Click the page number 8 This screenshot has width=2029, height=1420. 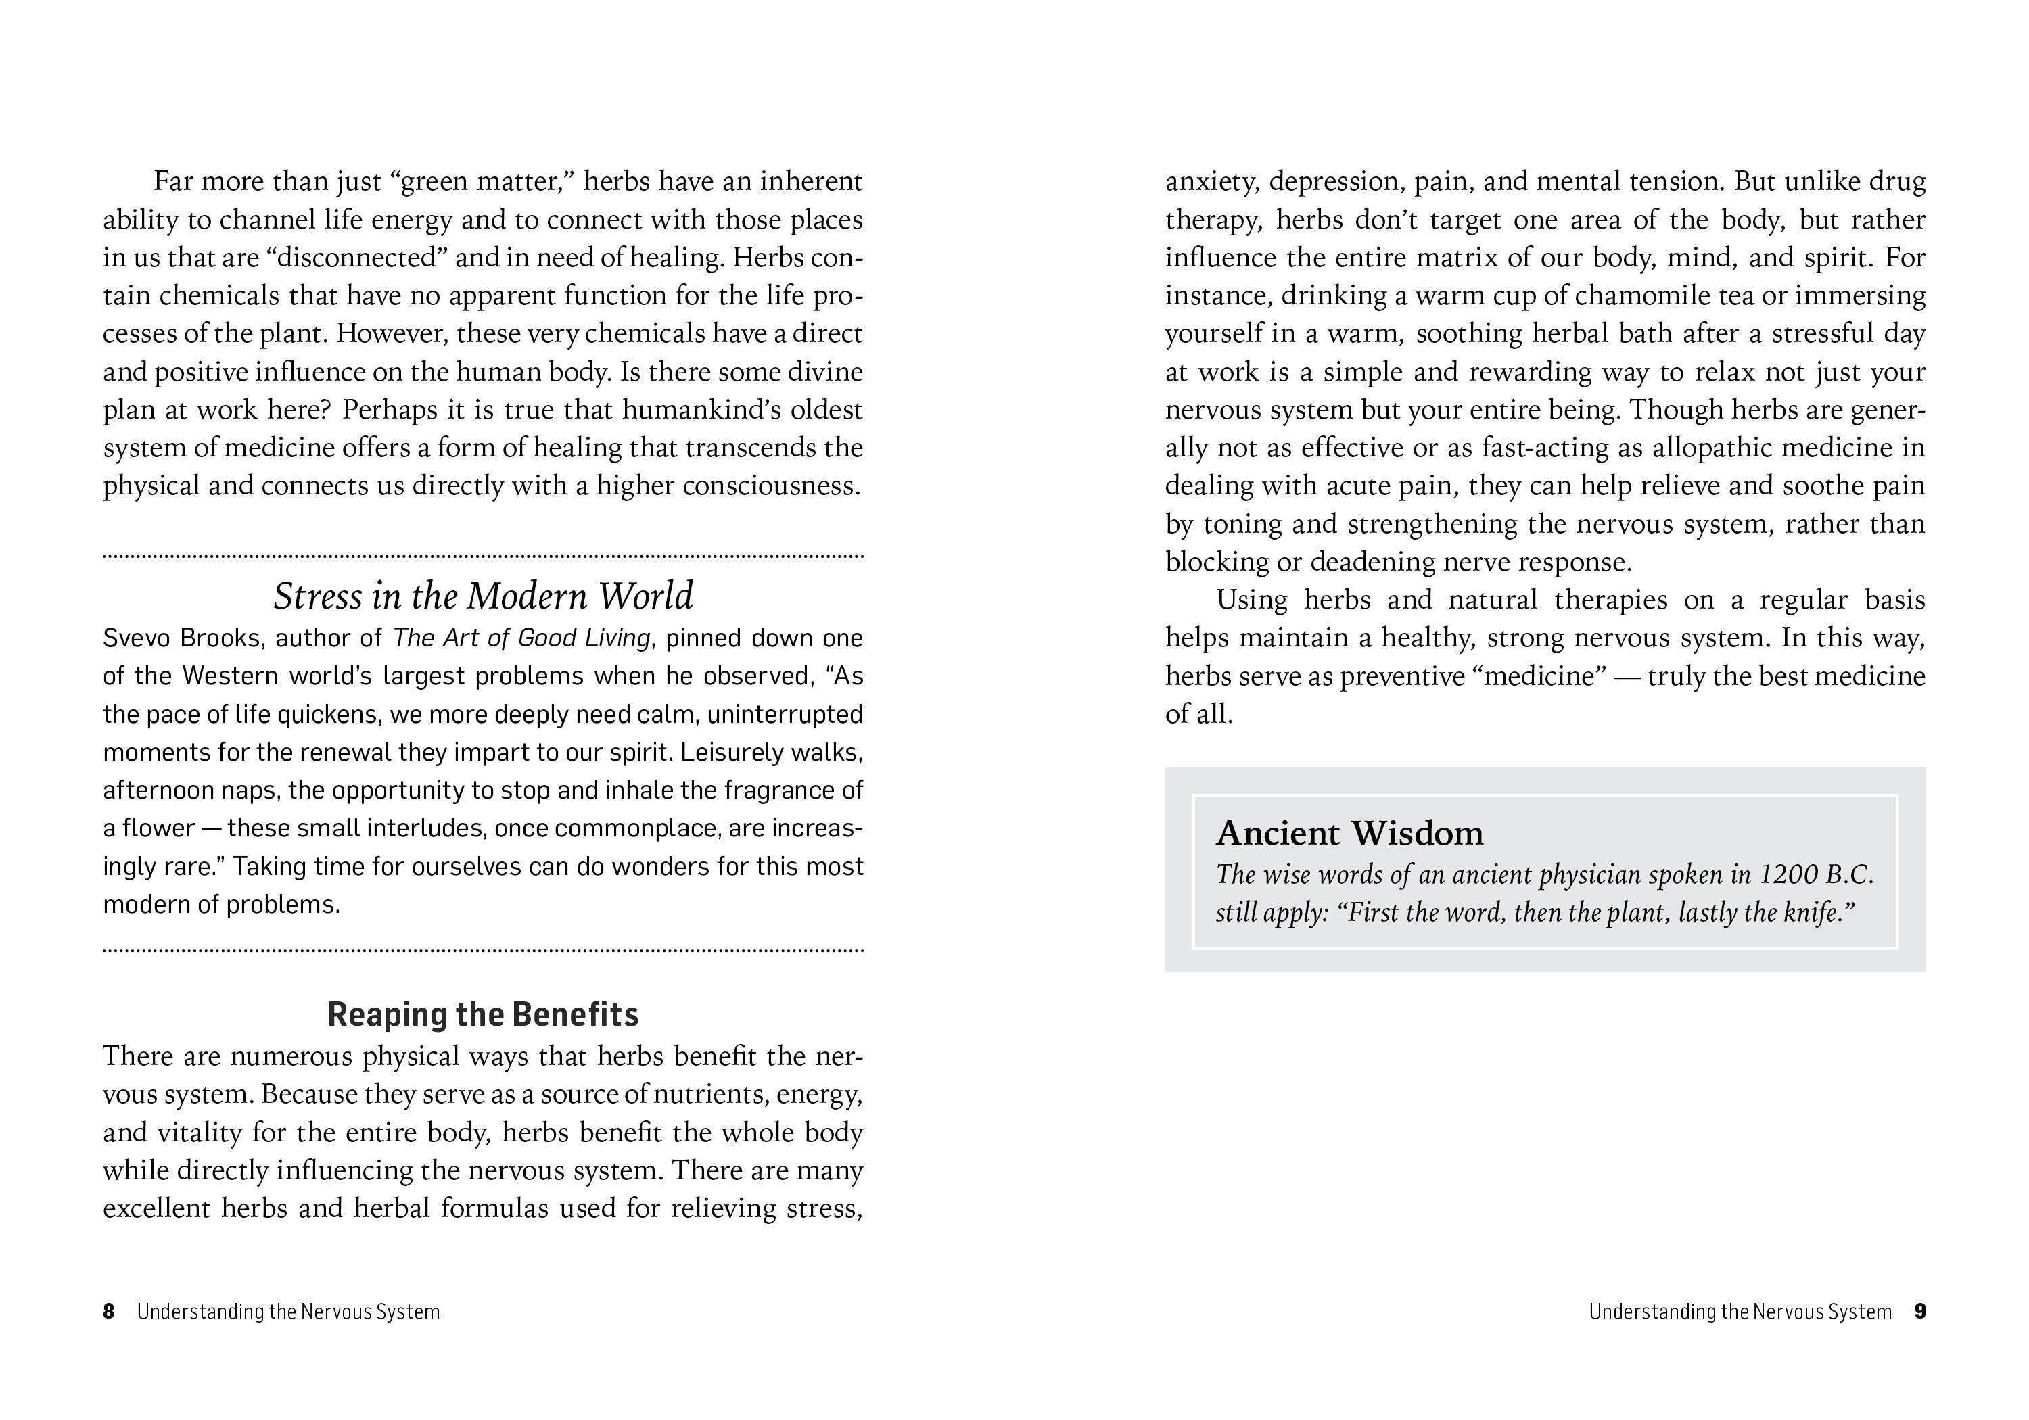(x=109, y=1311)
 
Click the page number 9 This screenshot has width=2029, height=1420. (x=1919, y=1311)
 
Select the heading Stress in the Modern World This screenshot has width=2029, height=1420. (x=482, y=596)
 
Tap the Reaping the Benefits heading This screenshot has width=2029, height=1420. (x=482, y=1014)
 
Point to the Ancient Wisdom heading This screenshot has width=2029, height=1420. (x=1349, y=833)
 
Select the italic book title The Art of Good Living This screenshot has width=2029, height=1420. (x=521, y=638)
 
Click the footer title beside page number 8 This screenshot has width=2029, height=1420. (x=288, y=1311)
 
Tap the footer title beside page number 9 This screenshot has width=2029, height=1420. (x=1739, y=1311)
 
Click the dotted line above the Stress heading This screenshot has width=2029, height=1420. (x=482, y=557)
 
